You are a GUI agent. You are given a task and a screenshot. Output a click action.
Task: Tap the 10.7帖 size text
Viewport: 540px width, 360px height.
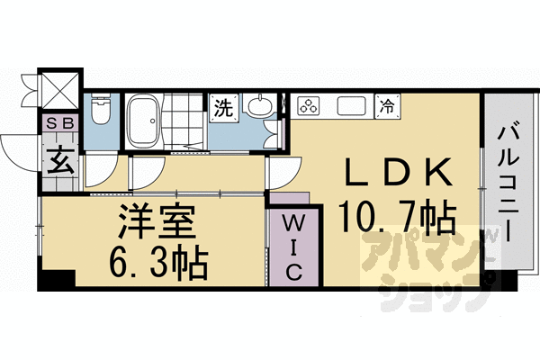tap(395, 216)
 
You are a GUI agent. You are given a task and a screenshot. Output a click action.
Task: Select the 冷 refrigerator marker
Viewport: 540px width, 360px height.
tap(387, 105)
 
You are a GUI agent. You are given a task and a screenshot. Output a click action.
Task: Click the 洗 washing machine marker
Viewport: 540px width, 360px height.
tap(221, 108)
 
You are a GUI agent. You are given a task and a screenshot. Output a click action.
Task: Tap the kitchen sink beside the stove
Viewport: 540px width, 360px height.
tap(350, 106)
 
